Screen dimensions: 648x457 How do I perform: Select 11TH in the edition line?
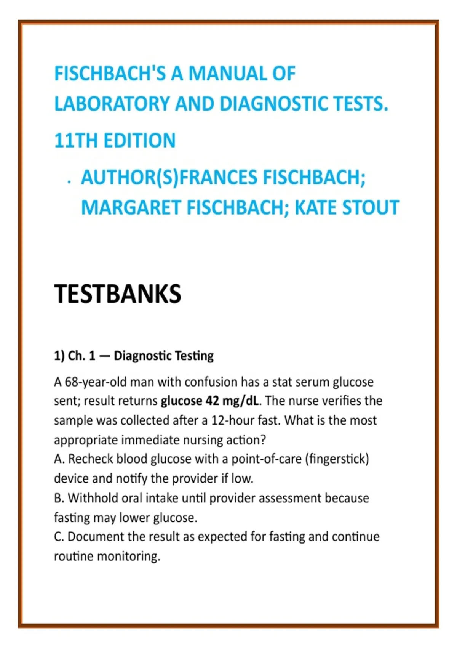[76, 140]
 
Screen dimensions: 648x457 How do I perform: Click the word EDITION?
[139, 140]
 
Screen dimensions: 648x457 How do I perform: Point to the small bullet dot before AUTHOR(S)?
[69, 182]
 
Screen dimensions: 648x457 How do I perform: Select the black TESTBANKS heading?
[118, 294]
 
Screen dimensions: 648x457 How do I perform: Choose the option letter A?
[59, 459]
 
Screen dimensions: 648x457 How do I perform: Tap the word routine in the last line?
[74, 556]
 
